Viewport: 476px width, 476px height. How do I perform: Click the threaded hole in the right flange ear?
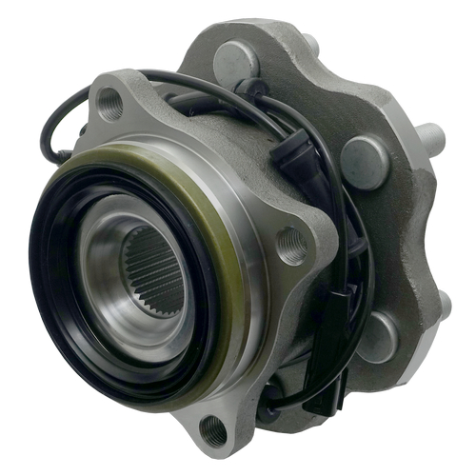pos(291,246)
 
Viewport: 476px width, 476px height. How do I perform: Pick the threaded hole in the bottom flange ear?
pos(214,433)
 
